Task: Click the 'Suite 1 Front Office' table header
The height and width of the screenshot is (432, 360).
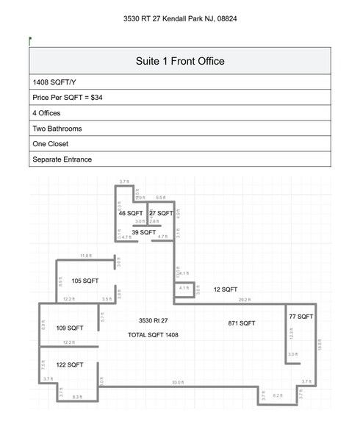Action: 180,61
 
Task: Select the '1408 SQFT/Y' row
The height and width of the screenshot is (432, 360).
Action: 50,82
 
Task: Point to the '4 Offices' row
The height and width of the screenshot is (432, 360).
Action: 46,113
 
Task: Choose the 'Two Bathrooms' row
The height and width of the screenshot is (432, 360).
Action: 57,129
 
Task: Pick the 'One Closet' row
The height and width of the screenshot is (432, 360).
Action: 51,144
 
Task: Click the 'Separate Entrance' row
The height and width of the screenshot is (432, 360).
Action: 62,159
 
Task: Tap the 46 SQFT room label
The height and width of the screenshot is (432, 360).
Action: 132,213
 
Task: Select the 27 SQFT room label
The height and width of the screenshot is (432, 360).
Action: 162,213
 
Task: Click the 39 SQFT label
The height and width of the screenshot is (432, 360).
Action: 144,232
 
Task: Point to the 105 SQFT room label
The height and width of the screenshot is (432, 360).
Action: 85,281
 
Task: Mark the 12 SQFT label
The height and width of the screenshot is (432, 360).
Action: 226,289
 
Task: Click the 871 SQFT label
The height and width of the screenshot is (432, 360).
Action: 242,323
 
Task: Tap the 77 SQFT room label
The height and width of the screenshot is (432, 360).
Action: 301,316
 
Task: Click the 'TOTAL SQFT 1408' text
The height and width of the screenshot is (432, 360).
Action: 154,334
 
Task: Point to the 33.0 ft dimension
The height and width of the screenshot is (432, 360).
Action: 177,382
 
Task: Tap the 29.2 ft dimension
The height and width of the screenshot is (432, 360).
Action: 245,300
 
